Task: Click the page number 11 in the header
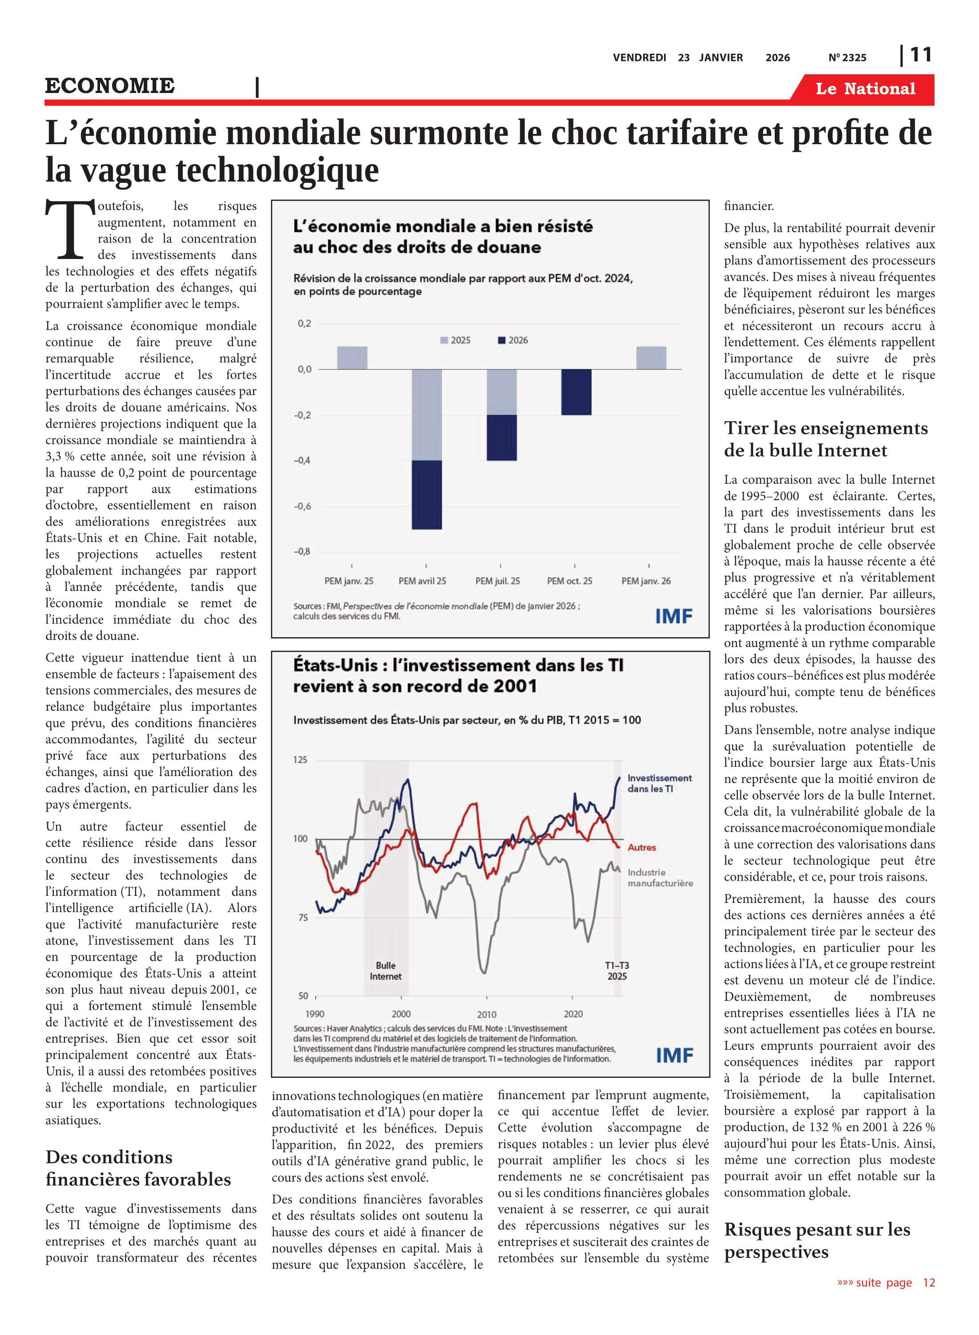tap(920, 55)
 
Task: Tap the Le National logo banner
tap(865, 89)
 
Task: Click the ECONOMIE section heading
tap(110, 86)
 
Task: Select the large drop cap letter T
tap(70, 230)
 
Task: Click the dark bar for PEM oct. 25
tap(576, 392)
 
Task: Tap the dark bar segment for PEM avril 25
tap(427, 494)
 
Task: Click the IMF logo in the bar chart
tap(673, 616)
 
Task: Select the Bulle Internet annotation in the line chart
tap(385, 971)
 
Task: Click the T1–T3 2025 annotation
tap(616, 971)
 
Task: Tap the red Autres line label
tap(641, 847)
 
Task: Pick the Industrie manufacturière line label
tap(659, 878)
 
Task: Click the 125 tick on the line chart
tap(300, 760)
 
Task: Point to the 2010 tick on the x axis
tap(486, 1014)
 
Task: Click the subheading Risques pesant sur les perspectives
tap(817, 1240)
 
